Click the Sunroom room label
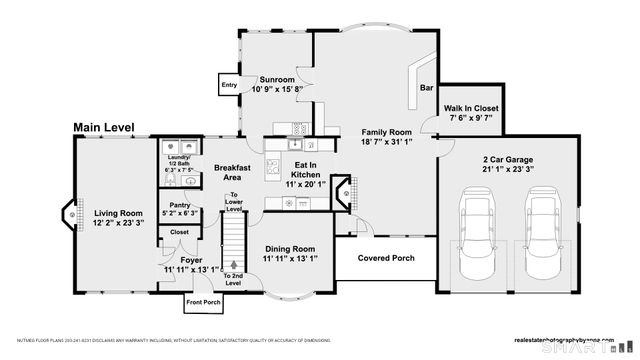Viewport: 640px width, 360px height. pos(276,78)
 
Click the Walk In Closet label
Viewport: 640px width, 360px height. pos(471,108)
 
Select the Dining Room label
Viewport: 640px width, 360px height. pos(289,249)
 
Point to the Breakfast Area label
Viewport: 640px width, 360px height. pos(232,171)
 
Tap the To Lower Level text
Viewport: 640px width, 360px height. pos(234,201)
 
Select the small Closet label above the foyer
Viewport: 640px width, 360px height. pos(179,232)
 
